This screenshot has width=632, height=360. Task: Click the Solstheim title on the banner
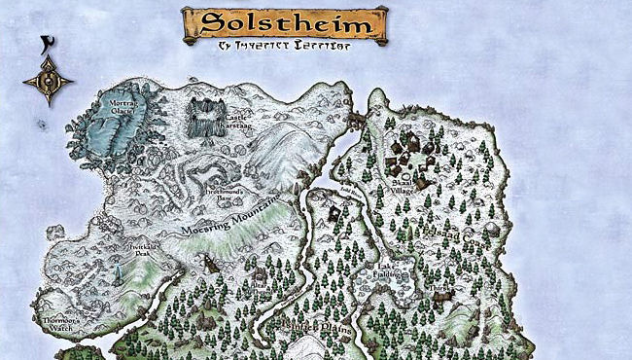283,22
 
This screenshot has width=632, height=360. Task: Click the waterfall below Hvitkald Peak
119,275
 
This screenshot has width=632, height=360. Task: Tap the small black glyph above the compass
47,44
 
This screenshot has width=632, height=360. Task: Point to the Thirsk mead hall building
446,302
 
